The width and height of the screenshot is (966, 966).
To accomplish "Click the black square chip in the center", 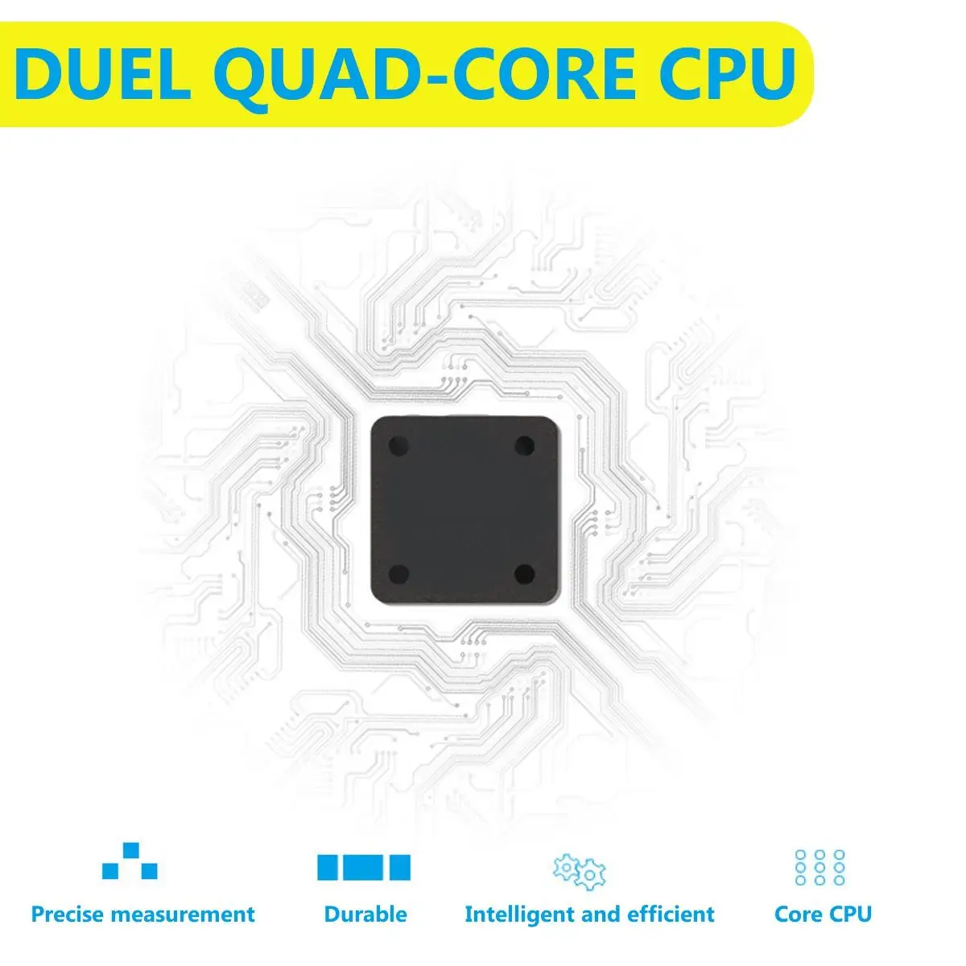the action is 463,510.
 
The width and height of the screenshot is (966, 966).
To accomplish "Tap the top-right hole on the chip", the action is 524,445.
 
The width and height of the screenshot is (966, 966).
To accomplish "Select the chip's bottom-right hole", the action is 524,574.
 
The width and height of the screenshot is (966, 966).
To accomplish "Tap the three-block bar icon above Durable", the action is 364,867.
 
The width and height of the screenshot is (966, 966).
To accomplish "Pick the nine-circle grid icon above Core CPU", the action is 819,867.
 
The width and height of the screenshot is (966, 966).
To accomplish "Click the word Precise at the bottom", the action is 68,914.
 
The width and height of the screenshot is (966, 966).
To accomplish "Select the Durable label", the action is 365,914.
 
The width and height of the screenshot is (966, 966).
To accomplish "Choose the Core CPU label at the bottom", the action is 823,914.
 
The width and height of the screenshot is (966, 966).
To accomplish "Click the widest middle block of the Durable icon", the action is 364,867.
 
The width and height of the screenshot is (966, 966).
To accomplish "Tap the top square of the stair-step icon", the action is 130,850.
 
